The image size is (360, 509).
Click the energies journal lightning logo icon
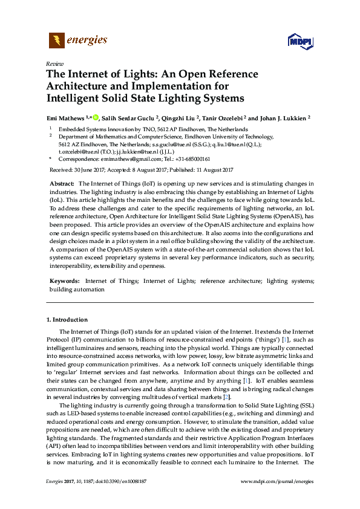coord(56,41)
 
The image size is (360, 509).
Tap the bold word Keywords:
coord(64,281)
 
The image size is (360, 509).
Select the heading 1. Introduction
coord(67,319)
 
